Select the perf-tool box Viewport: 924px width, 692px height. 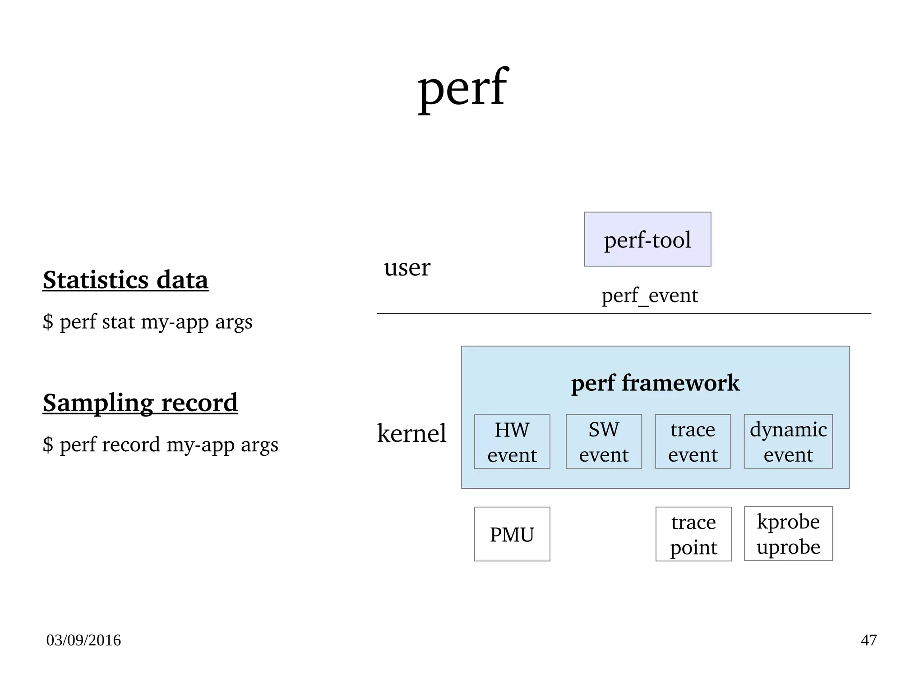pyautogui.click(x=647, y=239)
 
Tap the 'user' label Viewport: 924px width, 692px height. pyautogui.click(x=407, y=267)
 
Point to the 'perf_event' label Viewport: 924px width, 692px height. pyautogui.click(x=649, y=296)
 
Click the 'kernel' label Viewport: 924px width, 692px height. pyautogui.click(x=411, y=433)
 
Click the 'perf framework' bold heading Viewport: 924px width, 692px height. pyautogui.click(x=655, y=383)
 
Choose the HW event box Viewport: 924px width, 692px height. pyautogui.click(x=512, y=442)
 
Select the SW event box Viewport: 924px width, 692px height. pyautogui.click(x=603, y=442)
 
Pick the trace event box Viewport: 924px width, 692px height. pyautogui.click(x=693, y=442)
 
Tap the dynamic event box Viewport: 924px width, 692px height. pyautogui.click(x=788, y=442)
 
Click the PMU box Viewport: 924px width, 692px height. pyautogui.click(x=512, y=534)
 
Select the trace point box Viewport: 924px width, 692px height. pyautogui.click(x=693, y=534)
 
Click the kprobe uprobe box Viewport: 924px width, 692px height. pyautogui.click(x=788, y=534)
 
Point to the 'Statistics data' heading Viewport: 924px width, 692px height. pyautogui.click(x=125, y=280)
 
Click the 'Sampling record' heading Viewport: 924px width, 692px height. pyautogui.click(x=140, y=403)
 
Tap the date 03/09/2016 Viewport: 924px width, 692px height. pyautogui.click(x=83, y=640)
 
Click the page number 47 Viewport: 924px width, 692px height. pyautogui.click(x=869, y=640)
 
